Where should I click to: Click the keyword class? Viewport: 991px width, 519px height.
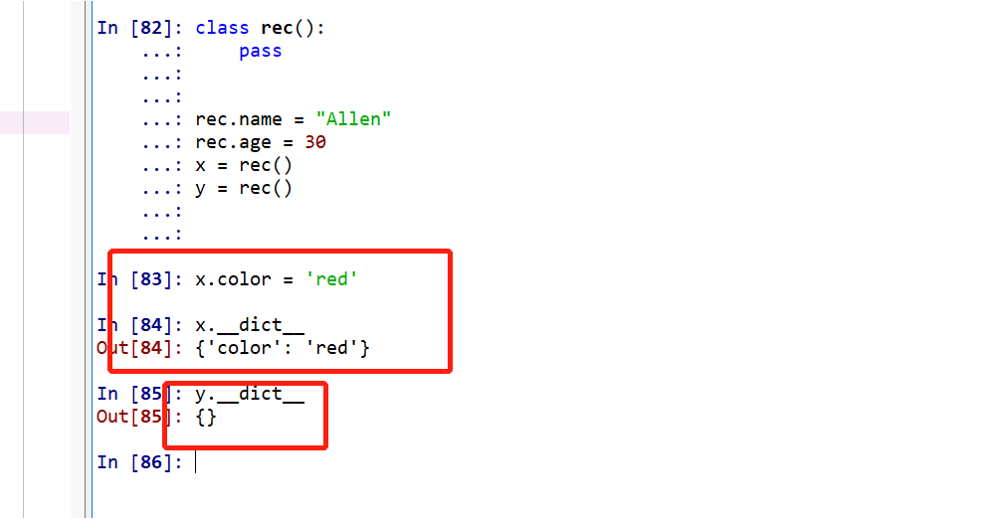(222, 28)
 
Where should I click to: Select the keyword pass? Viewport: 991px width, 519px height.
(261, 51)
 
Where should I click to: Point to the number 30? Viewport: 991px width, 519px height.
(315, 142)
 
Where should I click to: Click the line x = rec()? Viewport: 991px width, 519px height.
(244, 165)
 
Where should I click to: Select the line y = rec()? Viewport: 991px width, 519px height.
(244, 188)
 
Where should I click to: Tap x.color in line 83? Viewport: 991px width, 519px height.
(233, 279)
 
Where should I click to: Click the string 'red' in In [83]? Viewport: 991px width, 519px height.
(331, 279)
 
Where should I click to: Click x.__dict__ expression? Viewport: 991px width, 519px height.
(249, 325)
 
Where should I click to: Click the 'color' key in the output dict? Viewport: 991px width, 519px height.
(244, 348)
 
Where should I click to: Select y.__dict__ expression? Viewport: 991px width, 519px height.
(249, 394)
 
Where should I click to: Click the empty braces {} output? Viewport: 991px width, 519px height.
(206, 417)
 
